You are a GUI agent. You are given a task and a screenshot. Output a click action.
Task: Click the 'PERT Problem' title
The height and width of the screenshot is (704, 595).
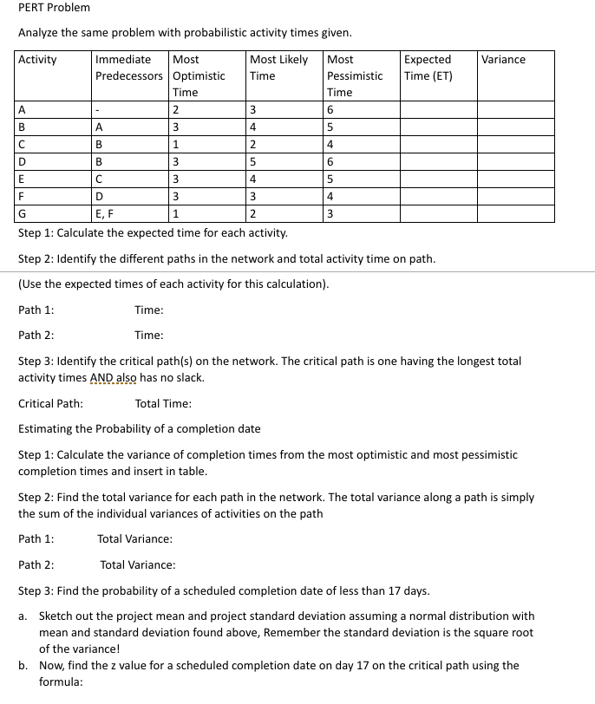tap(54, 8)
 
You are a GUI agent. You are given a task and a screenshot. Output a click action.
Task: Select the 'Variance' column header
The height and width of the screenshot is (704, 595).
tap(503, 59)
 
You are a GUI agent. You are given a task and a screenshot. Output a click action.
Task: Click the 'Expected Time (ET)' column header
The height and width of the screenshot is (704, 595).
tap(428, 68)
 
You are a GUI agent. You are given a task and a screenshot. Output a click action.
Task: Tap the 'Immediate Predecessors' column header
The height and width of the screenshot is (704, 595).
tap(128, 68)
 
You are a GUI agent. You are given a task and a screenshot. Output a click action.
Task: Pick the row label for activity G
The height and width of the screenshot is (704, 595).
tap(23, 213)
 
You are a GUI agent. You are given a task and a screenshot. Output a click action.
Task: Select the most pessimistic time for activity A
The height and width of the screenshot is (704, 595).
tap(330, 109)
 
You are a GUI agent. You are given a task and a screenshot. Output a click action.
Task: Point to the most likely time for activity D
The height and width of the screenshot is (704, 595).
tap(252, 161)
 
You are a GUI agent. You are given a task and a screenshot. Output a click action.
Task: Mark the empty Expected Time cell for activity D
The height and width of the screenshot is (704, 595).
tap(437, 161)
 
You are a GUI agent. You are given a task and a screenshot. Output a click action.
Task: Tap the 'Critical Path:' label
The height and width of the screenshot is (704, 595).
tap(50, 403)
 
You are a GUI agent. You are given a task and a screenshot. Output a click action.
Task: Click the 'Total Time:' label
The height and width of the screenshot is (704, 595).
tap(163, 403)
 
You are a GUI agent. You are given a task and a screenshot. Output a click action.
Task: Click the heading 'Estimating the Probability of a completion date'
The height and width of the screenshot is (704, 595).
tap(139, 428)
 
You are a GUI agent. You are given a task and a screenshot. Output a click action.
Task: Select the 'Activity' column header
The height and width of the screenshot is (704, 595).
tap(37, 59)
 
